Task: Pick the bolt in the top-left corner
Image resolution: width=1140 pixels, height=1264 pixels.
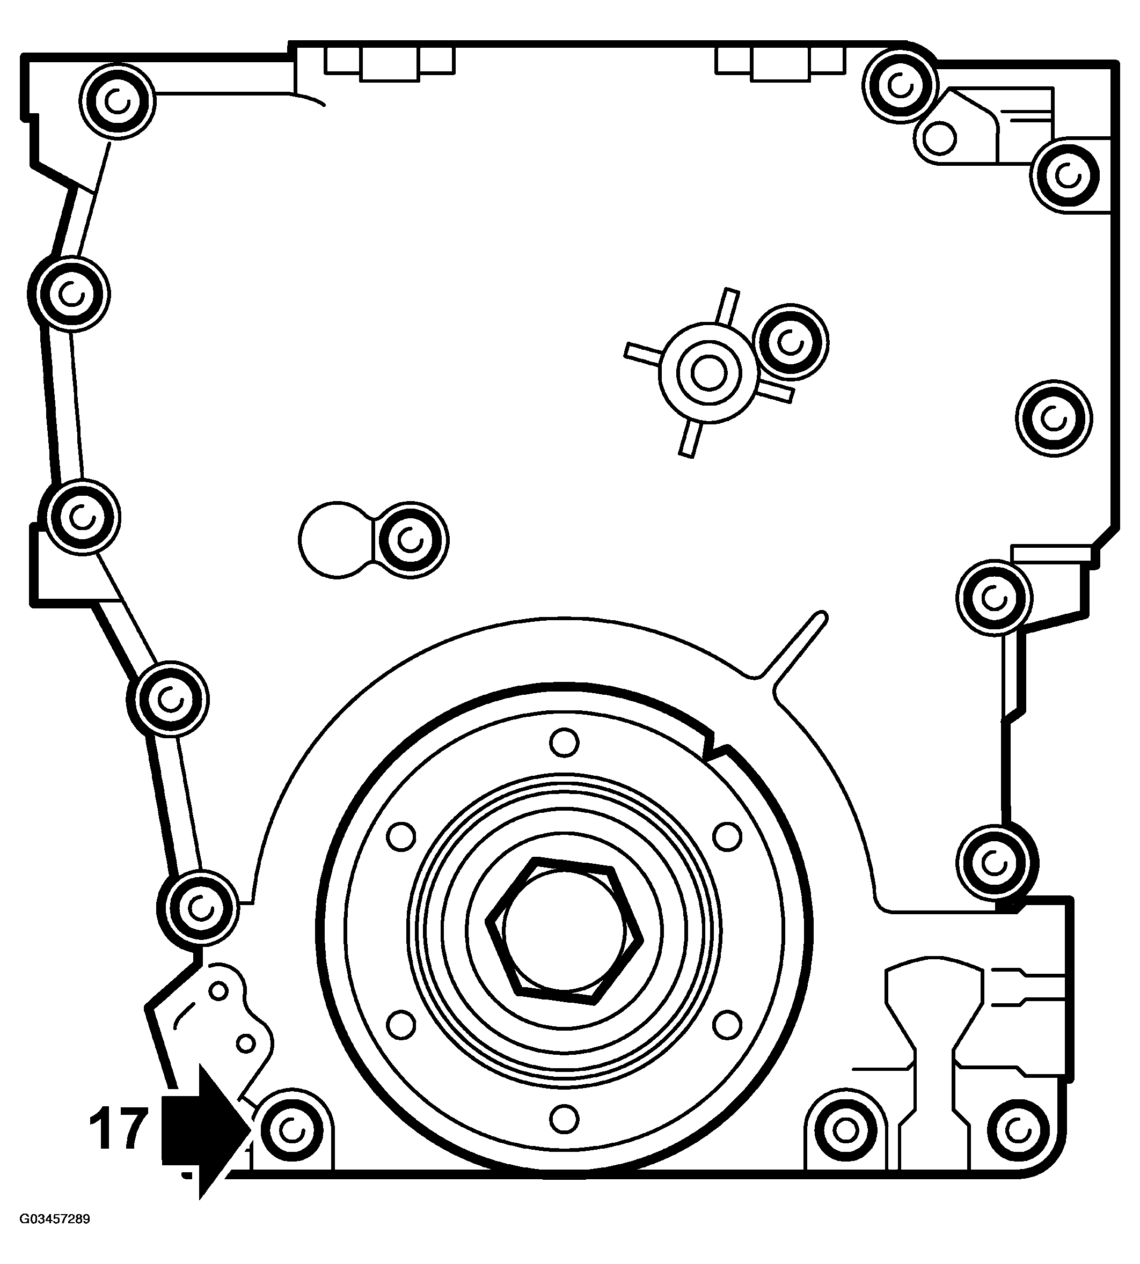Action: pos(117,100)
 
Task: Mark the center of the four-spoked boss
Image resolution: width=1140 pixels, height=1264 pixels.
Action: pos(708,373)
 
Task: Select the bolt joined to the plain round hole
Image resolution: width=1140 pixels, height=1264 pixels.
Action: pos(410,539)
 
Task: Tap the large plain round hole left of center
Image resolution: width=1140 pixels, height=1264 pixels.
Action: pos(336,539)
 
